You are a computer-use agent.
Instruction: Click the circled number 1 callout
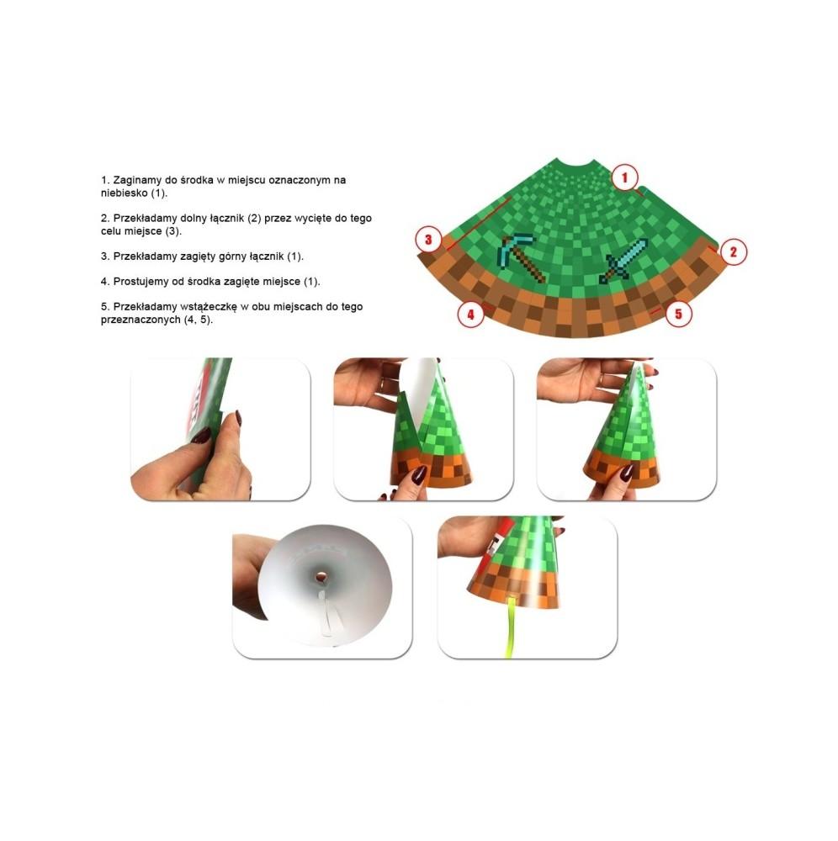[624, 177]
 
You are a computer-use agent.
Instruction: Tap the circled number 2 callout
[734, 251]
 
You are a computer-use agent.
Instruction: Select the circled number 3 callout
[428, 239]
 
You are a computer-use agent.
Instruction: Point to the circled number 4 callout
[470, 315]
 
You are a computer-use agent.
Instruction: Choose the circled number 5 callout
[678, 314]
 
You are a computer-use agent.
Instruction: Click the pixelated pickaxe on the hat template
[522, 257]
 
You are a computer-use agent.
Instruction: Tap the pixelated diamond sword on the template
[623, 261]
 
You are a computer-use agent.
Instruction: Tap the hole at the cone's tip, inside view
[321, 577]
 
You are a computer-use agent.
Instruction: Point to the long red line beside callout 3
[478, 224]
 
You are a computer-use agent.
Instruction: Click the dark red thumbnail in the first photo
[203, 435]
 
